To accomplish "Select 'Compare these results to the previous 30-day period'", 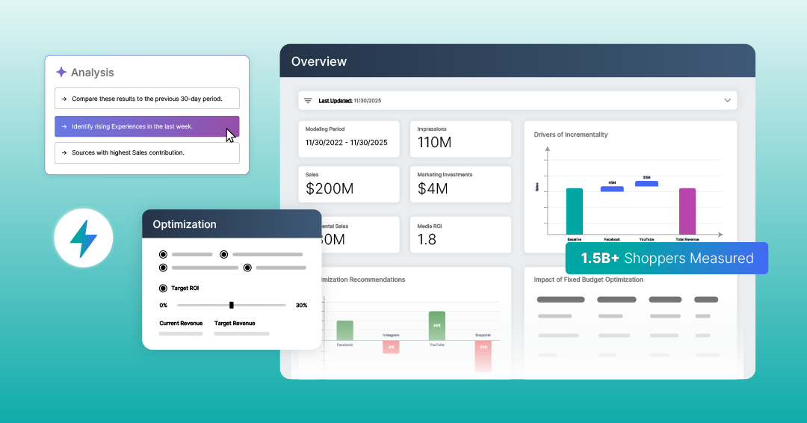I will (x=147, y=99).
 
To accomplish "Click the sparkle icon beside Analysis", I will (x=61, y=72).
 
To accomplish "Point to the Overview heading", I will (x=319, y=61).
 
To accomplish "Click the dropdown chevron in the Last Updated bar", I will (x=727, y=100).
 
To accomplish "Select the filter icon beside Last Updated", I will (x=307, y=100).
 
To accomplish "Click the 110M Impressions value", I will (x=434, y=142).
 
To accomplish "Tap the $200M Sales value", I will (x=330, y=188).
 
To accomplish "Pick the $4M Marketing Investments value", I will (x=433, y=188).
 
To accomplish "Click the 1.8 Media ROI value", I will (x=427, y=239).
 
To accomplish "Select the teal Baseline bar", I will (x=575, y=211).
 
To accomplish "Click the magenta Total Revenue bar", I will (x=687, y=211).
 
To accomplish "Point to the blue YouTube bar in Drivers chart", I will (x=646, y=183).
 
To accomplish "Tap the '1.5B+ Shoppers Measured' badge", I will (x=667, y=259).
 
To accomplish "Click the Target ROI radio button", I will (x=163, y=288).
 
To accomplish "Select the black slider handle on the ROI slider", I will (x=232, y=305).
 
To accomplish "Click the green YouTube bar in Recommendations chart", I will (x=436, y=326).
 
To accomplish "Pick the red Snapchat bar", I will (x=483, y=356).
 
